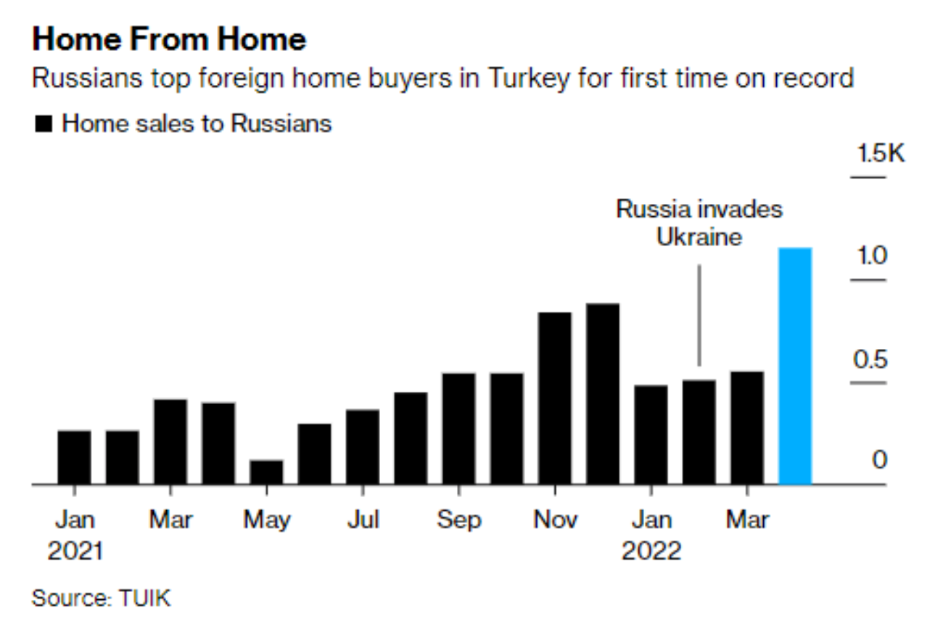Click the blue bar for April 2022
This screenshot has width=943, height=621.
(x=795, y=366)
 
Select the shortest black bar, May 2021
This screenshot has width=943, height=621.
(x=266, y=472)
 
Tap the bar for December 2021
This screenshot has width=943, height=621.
(x=603, y=393)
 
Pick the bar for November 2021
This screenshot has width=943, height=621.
(x=555, y=398)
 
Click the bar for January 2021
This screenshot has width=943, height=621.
(x=75, y=457)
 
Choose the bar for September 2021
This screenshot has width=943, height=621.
(x=458, y=428)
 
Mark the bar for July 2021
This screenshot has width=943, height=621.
(x=363, y=446)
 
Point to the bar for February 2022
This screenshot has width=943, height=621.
(x=699, y=432)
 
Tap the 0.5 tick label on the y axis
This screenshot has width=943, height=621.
(x=870, y=359)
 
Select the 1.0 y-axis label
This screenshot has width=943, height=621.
(x=870, y=256)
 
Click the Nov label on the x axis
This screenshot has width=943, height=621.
(x=555, y=519)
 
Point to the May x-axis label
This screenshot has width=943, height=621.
(x=266, y=519)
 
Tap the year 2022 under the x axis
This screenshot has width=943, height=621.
(x=651, y=551)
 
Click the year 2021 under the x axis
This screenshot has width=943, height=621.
(x=75, y=551)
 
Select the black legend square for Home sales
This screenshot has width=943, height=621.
(x=44, y=124)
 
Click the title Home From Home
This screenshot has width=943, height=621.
(x=169, y=39)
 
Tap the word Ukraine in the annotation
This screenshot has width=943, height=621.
(x=699, y=237)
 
